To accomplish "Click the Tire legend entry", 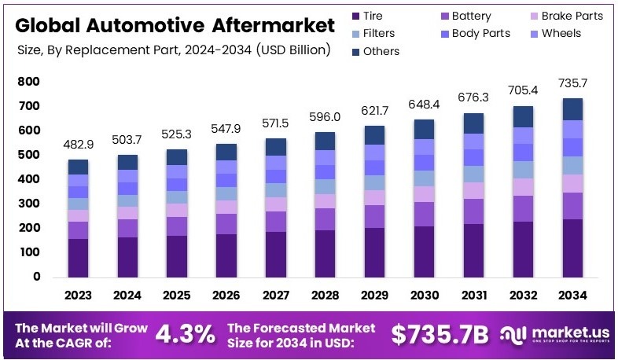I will pos(367,16).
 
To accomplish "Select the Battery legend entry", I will pos(468,16).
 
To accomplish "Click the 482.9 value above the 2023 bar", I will pos(78,145).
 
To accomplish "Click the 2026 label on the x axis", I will pos(226,296).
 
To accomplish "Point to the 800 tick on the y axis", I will pos(28,82).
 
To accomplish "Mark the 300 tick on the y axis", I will pos(28,204).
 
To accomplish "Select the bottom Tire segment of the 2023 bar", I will pos(78,258).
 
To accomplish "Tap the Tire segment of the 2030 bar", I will pos(424,252).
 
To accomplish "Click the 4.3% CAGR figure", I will pos(185,333).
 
